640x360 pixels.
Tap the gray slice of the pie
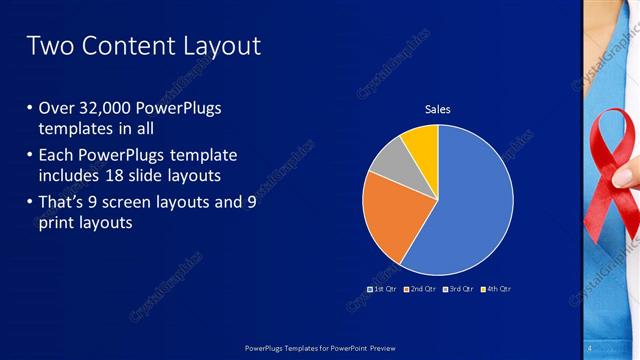pyautogui.click(x=390, y=160)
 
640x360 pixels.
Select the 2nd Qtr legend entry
pyautogui.click(x=420, y=289)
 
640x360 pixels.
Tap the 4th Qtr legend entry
pyautogui.click(x=495, y=289)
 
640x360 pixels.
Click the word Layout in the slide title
pyautogui.click(x=219, y=46)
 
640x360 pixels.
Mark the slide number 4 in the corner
pyautogui.click(x=591, y=347)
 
